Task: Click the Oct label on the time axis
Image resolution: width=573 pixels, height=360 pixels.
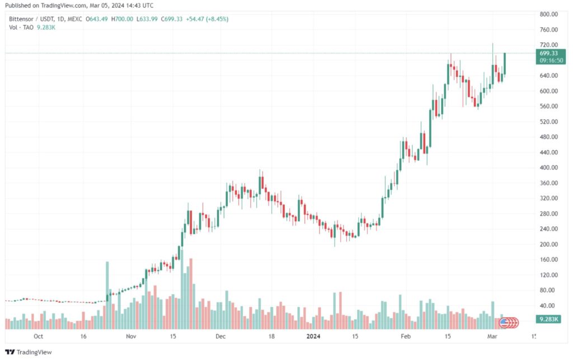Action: click(38, 336)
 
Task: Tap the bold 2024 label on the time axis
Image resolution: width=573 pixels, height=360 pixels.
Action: click(313, 336)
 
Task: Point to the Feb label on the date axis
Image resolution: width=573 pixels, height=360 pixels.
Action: click(406, 336)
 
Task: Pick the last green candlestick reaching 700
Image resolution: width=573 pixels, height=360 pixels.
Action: click(505, 63)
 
